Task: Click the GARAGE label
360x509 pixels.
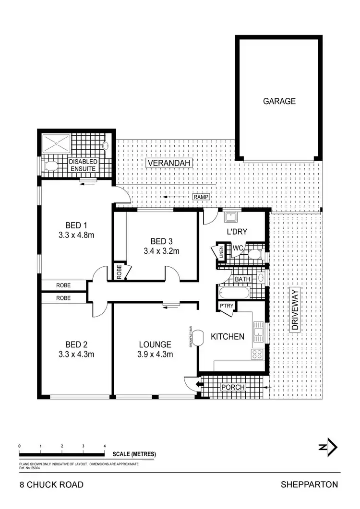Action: [x=279, y=101]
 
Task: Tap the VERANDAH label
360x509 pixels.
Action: [x=169, y=163]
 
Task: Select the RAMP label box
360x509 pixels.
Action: [x=199, y=197]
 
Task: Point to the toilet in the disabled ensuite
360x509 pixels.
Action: [x=50, y=166]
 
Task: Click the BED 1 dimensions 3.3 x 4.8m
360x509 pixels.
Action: [x=76, y=236]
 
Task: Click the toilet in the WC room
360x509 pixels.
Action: [x=256, y=253]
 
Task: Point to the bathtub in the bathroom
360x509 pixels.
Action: [x=234, y=293]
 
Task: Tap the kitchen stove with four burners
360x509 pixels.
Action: [x=257, y=355]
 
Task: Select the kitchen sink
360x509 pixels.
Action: [x=259, y=329]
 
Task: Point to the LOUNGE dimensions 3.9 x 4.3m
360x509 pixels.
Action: [x=155, y=355]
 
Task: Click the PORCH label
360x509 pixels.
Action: [x=232, y=387]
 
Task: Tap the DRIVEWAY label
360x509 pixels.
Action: [x=294, y=309]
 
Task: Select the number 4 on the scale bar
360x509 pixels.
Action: [x=105, y=446]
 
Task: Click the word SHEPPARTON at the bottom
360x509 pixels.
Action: [x=309, y=485]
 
